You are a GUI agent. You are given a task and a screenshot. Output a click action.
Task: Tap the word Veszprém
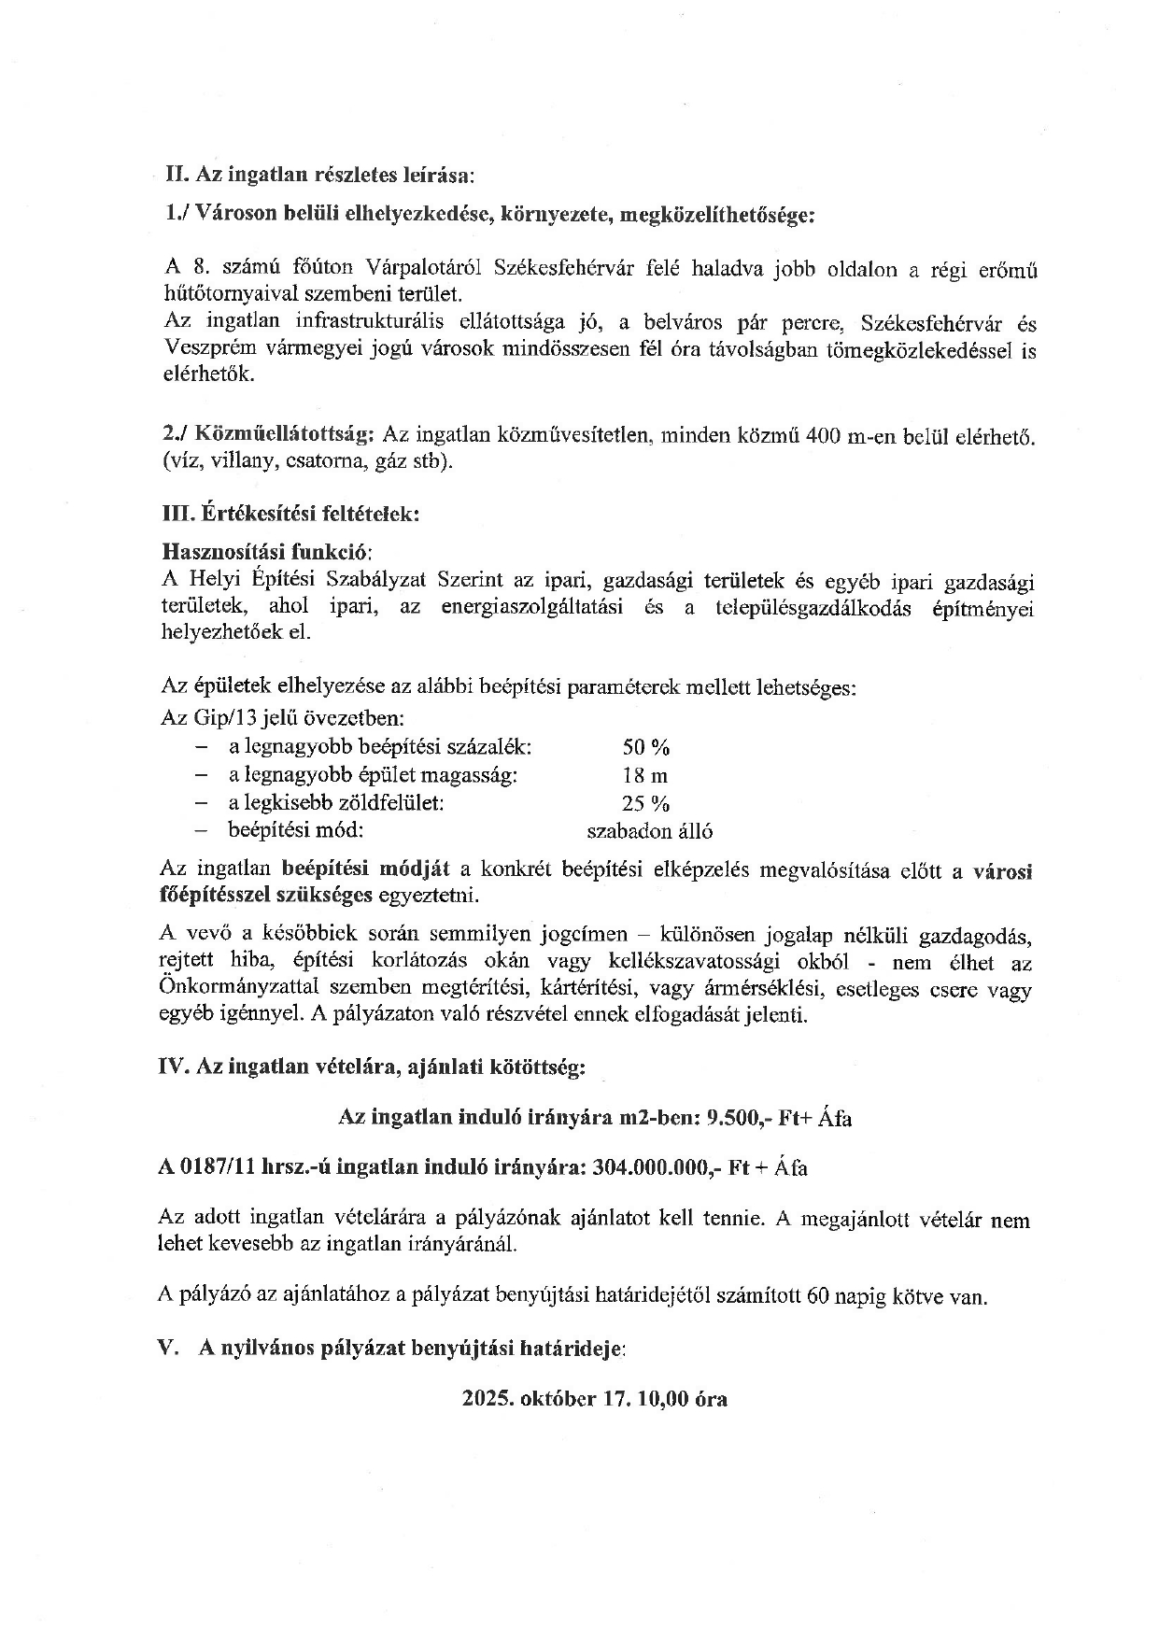(x=204, y=350)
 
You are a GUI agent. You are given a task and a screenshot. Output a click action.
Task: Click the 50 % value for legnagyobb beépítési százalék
(x=646, y=747)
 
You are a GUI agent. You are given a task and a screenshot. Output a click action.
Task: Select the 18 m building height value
(x=645, y=775)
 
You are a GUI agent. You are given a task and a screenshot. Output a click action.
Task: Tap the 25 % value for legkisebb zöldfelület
(x=646, y=803)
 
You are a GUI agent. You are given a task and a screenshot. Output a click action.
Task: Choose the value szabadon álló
(x=649, y=831)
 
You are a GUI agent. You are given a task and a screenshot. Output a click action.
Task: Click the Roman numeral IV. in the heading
(x=175, y=1067)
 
